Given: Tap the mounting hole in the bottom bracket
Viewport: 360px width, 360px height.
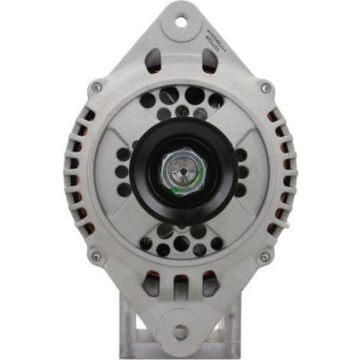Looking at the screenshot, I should pos(180,331).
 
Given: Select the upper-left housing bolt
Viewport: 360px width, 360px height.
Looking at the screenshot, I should pos(96,88).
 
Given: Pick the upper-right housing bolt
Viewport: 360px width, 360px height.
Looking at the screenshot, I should pos(266,88).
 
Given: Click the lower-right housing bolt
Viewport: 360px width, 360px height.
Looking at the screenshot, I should pos(266,255).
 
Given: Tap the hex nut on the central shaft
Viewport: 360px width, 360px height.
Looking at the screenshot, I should pos(180,172).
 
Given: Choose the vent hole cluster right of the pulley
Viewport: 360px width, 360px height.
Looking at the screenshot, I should pos(239,172).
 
